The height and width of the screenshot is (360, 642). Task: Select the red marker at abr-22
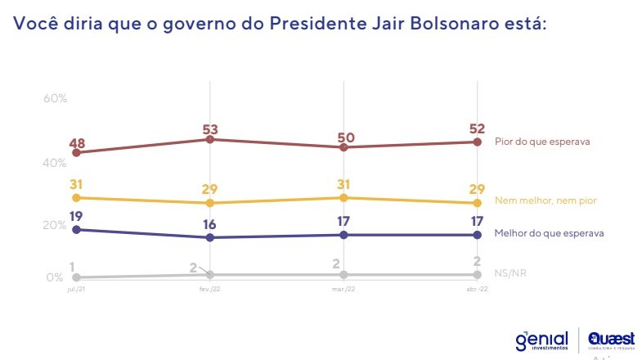(477, 142)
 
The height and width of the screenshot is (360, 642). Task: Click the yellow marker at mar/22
(344, 198)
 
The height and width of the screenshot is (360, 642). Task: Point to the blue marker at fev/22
(211, 237)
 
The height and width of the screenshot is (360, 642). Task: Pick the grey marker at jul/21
(77, 277)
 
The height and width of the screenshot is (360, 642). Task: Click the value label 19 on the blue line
(78, 217)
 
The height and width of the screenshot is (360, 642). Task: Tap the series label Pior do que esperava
(542, 141)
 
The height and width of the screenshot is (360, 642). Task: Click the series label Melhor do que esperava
(549, 233)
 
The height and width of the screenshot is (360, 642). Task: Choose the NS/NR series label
(510, 272)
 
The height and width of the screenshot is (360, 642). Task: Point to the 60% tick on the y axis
(55, 98)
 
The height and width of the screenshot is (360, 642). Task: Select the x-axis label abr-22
(477, 290)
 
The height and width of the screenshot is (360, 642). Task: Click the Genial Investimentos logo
(541, 339)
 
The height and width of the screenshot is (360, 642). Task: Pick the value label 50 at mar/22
(344, 137)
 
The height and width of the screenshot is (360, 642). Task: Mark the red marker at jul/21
(77, 152)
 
